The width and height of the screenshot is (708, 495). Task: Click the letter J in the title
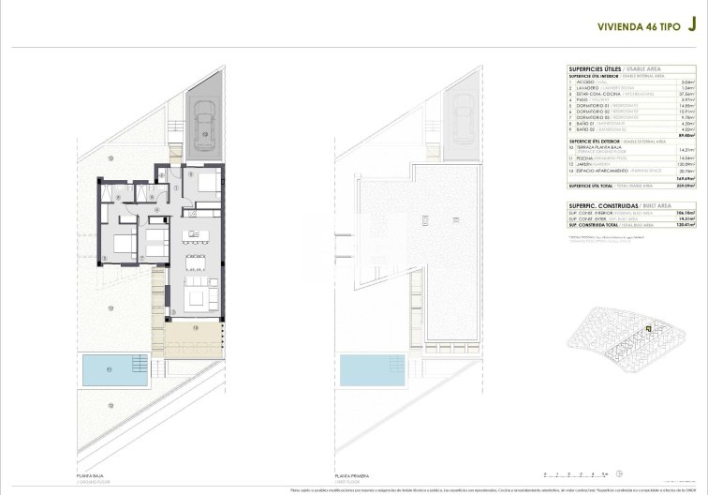pos(691,27)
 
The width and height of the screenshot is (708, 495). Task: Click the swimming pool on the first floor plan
pos(368,370)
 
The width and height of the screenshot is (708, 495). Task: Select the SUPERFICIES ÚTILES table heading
pos(596,68)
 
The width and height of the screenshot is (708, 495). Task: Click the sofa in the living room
pos(199,298)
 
